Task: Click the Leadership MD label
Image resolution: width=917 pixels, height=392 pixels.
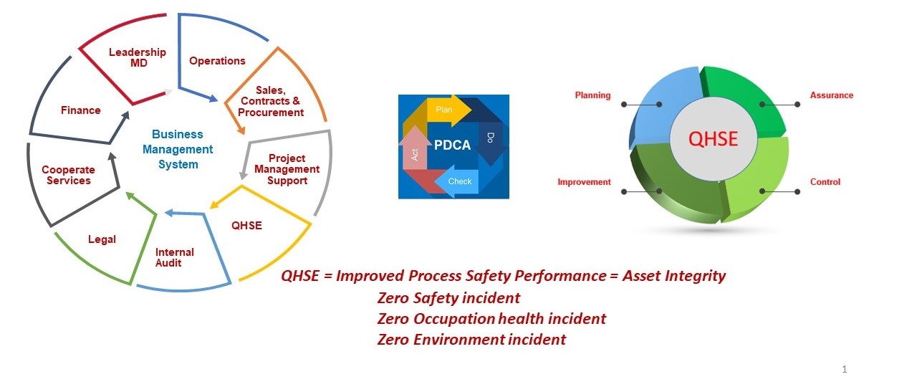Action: (137, 57)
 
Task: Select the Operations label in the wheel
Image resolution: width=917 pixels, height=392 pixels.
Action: (217, 61)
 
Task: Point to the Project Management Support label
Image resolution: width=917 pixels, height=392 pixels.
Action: (287, 169)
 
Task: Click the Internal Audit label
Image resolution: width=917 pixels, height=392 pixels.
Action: (175, 257)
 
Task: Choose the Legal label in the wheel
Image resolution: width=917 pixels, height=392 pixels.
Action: (102, 239)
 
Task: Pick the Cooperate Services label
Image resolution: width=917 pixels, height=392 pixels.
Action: (68, 176)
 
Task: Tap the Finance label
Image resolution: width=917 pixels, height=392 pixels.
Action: (80, 110)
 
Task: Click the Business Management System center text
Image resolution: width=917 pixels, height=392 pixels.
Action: (178, 149)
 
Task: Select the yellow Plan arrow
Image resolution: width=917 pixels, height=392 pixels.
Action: (446, 110)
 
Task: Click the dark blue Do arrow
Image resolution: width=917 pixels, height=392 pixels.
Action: (491, 140)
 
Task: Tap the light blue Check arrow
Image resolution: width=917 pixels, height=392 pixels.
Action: (458, 181)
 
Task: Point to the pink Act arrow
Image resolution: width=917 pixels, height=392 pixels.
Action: (415, 154)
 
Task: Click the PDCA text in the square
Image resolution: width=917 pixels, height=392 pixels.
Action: (452, 145)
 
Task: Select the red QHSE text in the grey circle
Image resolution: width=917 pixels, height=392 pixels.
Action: (712, 138)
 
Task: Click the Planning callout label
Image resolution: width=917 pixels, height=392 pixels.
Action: (592, 95)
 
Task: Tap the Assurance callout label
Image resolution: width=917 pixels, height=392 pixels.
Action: (831, 95)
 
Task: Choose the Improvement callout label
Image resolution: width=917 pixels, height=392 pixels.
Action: (584, 182)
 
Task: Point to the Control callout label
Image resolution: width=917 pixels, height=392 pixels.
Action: (825, 182)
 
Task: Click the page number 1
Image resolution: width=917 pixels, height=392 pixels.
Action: (845, 369)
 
